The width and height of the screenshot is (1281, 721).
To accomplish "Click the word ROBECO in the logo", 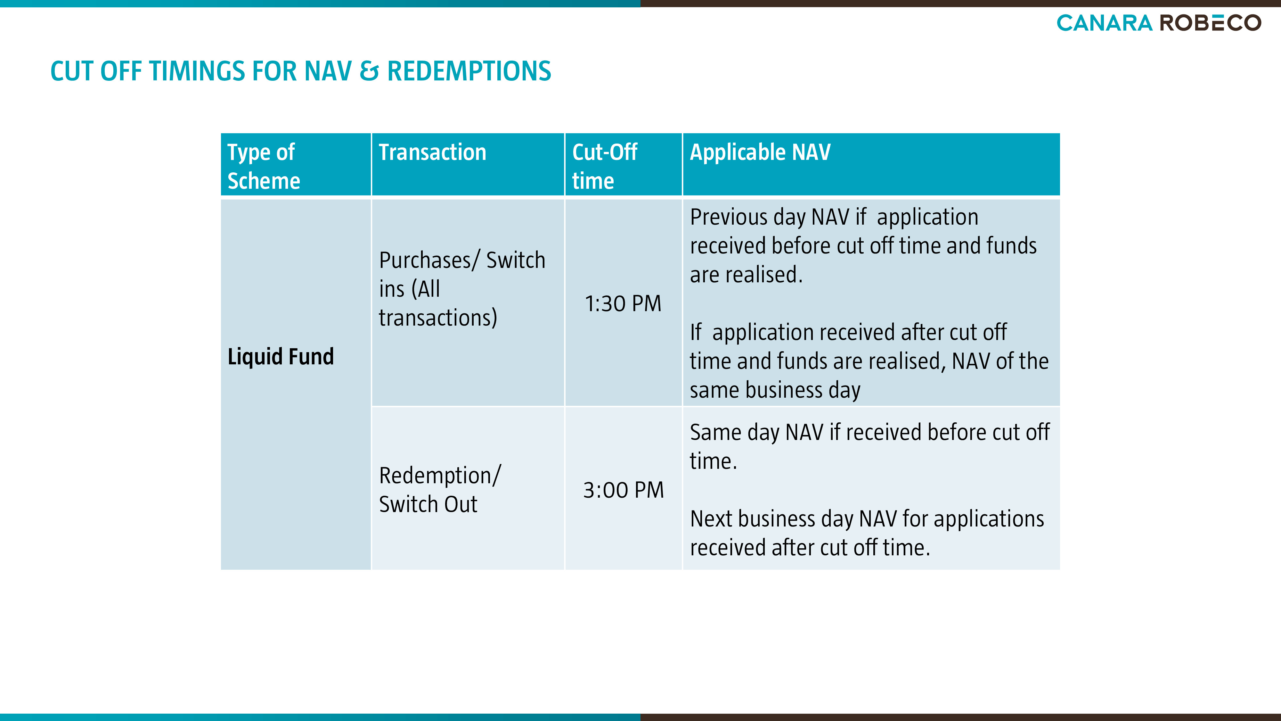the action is click(1211, 23).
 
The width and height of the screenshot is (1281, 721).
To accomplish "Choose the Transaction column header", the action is click(432, 152).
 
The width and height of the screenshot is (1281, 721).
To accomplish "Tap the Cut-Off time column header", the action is click(605, 166).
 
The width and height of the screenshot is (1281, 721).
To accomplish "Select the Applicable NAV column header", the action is click(760, 152).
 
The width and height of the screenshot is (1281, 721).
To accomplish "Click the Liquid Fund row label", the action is click(281, 356).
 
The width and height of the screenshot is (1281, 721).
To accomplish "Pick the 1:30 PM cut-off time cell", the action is click(623, 303).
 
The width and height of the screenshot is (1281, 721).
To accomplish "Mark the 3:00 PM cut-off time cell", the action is click(623, 490).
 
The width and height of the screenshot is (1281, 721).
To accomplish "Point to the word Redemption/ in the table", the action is click(440, 476).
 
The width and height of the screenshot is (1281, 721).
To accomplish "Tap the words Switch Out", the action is click(428, 504).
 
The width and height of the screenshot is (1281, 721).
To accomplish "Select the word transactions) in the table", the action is click(437, 318).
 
